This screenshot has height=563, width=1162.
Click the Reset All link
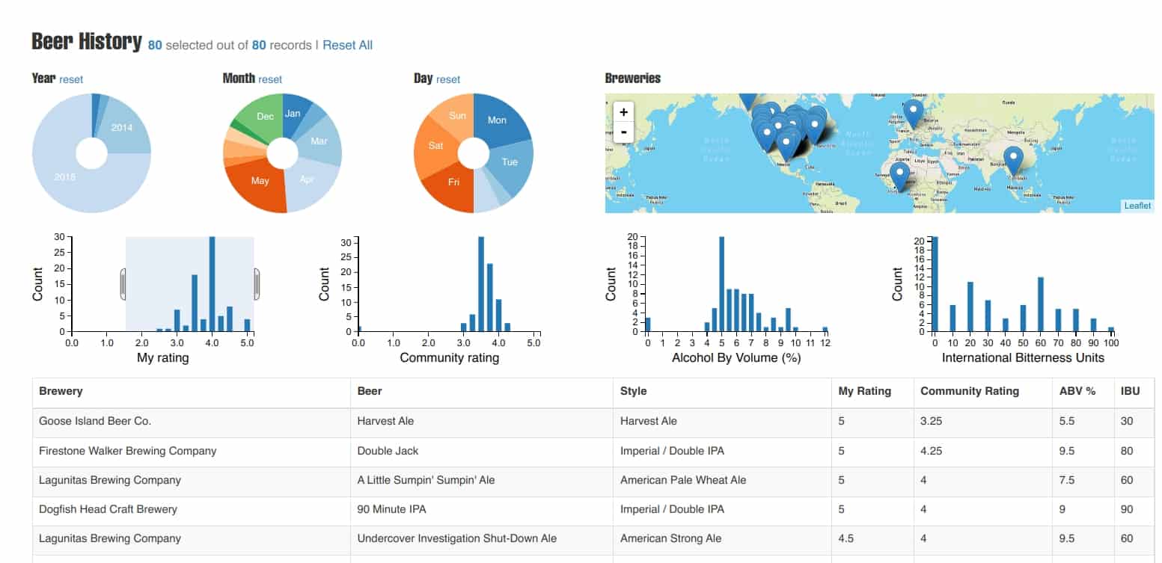pos(347,45)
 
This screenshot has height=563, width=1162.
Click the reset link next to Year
pos(71,79)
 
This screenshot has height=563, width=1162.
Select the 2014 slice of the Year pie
pos(123,129)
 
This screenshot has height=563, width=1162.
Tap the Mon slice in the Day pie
pos(498,120)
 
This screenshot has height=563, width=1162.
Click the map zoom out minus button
pos(623,132)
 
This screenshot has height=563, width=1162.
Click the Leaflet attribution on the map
pos(1137,206)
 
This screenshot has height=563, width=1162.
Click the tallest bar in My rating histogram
pos(212,284)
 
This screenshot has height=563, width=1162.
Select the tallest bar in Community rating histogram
pos(480,284)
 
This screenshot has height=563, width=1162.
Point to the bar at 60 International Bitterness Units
pos(1040,304)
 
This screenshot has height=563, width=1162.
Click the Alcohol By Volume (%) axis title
pos(736,357)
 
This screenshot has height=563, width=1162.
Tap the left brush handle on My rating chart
pos(123,284)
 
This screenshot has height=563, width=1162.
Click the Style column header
pos(633,391)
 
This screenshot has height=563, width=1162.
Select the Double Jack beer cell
pos(388,451)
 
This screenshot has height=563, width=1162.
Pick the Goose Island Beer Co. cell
pos(95,421)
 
